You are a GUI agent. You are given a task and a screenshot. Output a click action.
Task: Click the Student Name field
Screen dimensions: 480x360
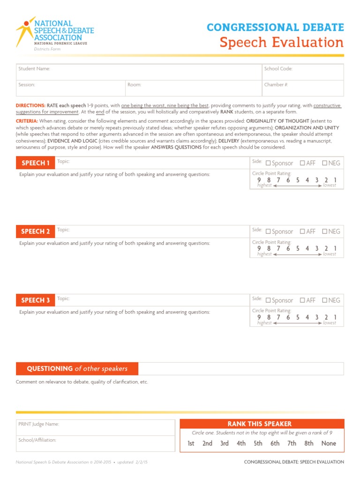point(139,72)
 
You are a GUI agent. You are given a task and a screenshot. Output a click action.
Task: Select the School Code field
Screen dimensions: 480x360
point(302,72)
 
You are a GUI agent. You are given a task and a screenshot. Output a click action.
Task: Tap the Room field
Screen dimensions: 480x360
point(193,88)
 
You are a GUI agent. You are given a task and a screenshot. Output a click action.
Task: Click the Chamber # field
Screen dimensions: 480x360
point(302,88)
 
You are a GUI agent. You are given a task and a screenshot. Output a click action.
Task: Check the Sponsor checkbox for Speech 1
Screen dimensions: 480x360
point(269,163)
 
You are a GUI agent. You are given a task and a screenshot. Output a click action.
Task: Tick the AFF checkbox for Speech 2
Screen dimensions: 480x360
point(303,231)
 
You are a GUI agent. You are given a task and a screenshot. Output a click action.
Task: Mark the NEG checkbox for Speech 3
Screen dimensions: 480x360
point(324,300)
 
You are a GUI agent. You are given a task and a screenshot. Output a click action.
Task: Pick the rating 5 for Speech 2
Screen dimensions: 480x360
point(298,248)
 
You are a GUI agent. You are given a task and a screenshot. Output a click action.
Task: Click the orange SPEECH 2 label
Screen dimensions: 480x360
point(36,232)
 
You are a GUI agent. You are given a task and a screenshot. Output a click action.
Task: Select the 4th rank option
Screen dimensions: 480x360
point(241,443)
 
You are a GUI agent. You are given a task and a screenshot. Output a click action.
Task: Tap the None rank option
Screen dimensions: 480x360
point(329,443)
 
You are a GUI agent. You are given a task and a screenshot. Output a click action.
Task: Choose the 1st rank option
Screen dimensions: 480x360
point(191,443)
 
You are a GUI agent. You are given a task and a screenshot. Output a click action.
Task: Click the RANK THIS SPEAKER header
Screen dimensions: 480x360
point(262,424)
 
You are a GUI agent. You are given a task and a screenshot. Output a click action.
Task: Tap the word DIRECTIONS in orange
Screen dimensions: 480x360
point(30,106)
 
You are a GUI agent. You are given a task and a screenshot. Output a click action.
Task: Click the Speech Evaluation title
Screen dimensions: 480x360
point(282,43)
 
